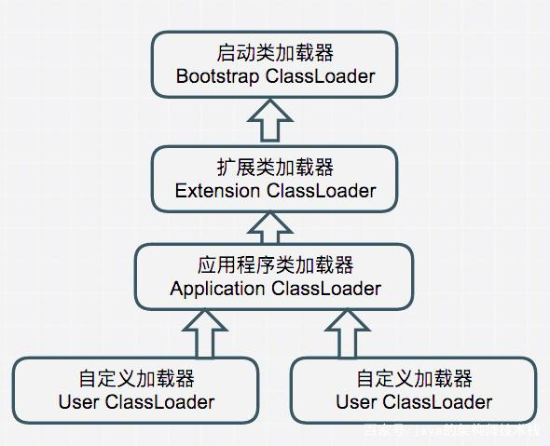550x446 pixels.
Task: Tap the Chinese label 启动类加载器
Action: tap(275, 53)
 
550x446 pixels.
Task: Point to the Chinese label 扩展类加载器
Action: tap(275, 168)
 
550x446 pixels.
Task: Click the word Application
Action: tap(217, 289)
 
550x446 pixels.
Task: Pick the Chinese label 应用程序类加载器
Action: tap(275, 265)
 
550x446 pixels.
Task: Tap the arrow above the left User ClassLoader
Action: tap(204, 332)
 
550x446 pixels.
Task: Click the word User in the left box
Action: tap(79, 402)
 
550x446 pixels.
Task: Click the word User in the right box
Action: tap(356, 402)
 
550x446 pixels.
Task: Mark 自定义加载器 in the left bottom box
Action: tap(136, 379)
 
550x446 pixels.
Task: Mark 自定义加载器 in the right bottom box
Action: tap(414, 379)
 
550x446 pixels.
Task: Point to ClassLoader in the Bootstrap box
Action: tap(320, 76)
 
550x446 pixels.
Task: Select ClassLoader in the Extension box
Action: tap(321, 191)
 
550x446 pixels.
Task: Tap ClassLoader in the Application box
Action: tap(326, 289)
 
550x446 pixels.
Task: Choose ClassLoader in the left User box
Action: tap(159, 402)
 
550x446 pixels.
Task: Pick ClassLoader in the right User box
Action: tap(437, 402)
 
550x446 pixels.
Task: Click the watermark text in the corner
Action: tap(451, 430)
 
